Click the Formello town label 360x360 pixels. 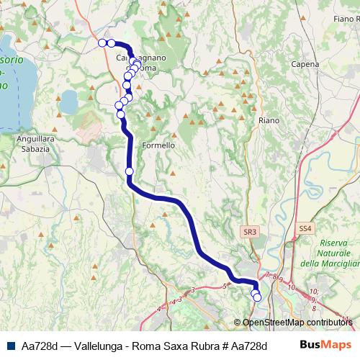[158, 145]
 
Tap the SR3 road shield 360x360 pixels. [249, 231]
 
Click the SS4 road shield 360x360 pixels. [305, 228]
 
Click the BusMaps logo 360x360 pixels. [325, 346]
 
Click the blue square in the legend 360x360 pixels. [12, 346]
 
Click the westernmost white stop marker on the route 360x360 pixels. [102, 43]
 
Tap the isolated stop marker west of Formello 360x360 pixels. [130, 171]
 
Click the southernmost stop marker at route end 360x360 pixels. [257, 297]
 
